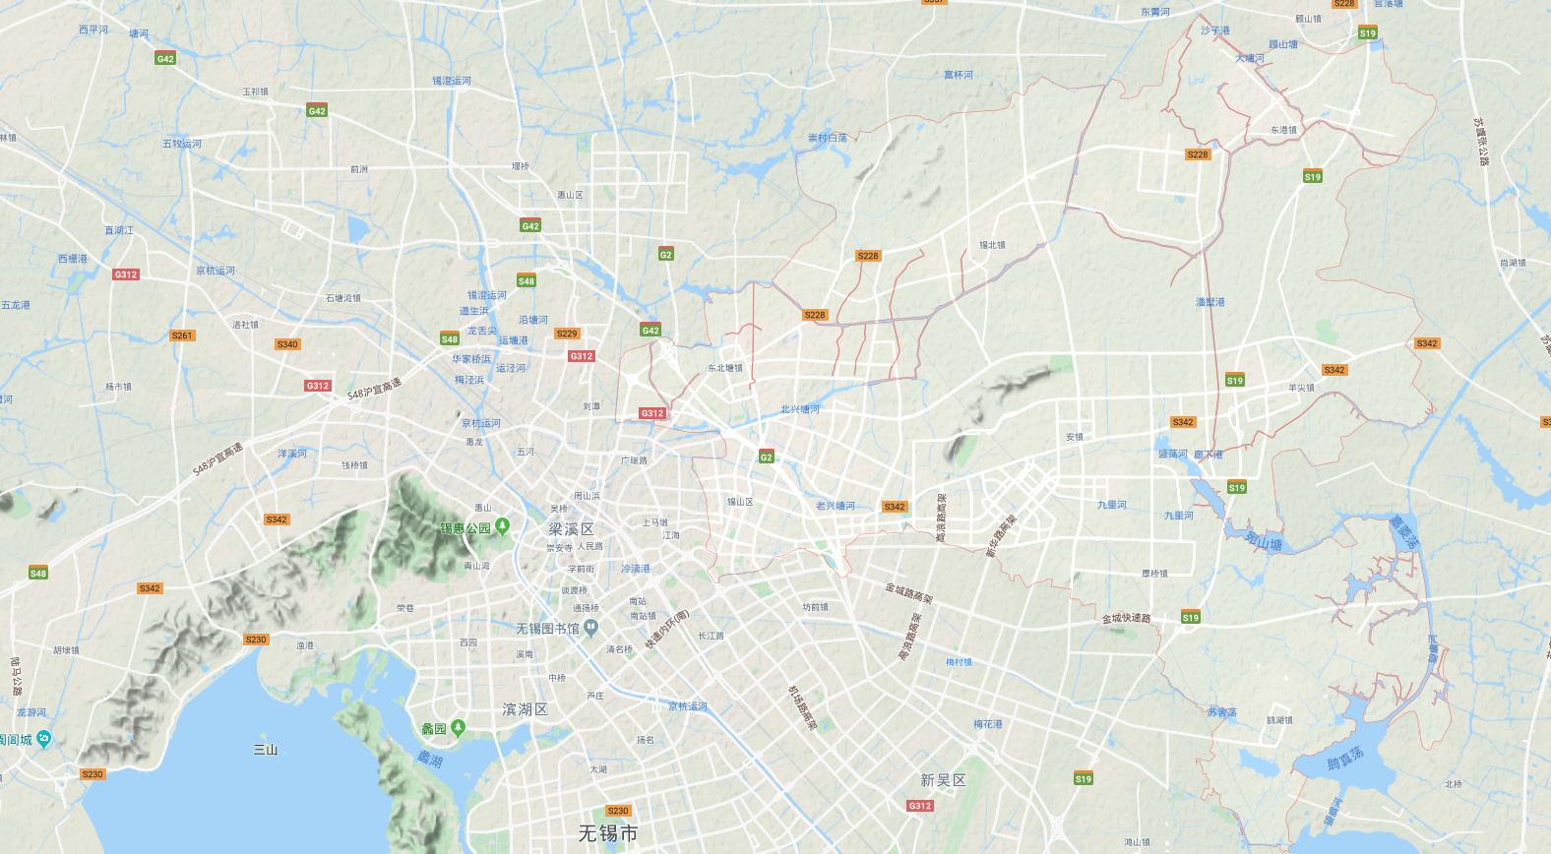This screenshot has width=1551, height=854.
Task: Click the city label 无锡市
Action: pyautogui.click(x=607, y=834)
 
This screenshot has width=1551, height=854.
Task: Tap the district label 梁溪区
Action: pyautogui.click(x=571, y=529)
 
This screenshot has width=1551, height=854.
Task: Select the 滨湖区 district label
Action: pyautogui.click(x=525, y=709)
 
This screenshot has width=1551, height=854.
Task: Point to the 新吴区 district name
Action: pyautogui.click(x=943, y=780)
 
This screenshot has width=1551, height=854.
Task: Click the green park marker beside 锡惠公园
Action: pyautogui.click(x=503, y=526)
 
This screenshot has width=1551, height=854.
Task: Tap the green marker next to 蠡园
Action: pyautogui.click(x=459, y=727)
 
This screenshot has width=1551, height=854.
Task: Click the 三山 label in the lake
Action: pyautogui.click(x=266, y=750)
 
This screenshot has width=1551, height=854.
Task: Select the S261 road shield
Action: pyautogui.click(x=182, y=335)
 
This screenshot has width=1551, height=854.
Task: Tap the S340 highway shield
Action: pyautogui.click(x=287, y=344)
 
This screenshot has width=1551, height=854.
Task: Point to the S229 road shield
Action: pyautogui.click(x=567, y=334)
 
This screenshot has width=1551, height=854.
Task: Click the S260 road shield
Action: pyautogui.click(x=256, y=640)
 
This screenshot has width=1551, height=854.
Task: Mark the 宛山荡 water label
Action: pyautogui.click(x=1264, y=540)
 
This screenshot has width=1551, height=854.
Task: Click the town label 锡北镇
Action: pyautogui.click(x=992, y=245)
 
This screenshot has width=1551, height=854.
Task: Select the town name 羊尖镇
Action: pyautogui.click(x=1301, y=388)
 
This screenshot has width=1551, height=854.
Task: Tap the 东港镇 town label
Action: pyautogui.click(x=1283, y=130)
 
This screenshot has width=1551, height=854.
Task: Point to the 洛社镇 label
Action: pyautogui.click(x=245, y=325)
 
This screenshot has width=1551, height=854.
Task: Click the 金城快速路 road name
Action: pyautogui.click(x=1126, y=618)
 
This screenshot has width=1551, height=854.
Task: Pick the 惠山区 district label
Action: pyautogui.click(x=570, y=195)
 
